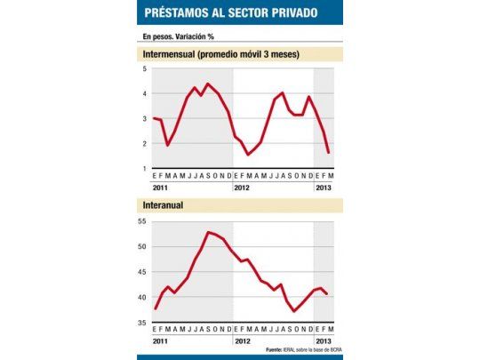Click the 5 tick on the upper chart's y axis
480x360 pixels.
(145, 68)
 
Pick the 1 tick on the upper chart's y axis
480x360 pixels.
(145, 168)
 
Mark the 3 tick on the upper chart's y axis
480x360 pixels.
(145, 118)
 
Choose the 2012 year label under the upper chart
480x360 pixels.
(243, 188)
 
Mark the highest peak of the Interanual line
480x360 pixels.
(208, 232)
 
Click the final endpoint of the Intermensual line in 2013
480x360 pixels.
(329, 153)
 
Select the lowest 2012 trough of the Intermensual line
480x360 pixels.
(248, 155)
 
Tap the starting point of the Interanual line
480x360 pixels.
(155, 308)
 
